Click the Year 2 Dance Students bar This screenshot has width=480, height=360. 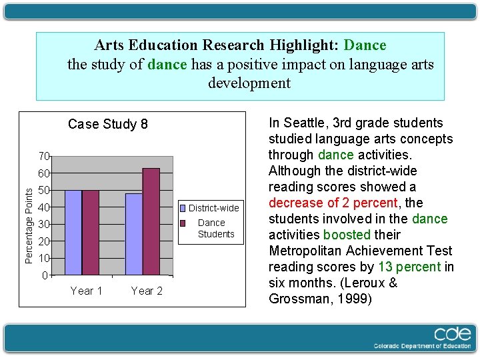coord(151,221)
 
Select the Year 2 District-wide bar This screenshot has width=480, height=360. coord(134,234)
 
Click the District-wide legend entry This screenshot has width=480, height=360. coord(213,208)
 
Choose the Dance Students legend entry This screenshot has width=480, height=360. coord(215,228)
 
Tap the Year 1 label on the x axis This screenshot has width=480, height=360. coord(87,291)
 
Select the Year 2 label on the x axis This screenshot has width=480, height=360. coord(147,291)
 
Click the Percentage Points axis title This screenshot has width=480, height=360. coord(29,224)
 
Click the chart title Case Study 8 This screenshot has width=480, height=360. coord(108,124)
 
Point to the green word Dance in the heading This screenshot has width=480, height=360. coord(365,45)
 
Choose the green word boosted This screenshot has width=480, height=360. coord(347,235)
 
